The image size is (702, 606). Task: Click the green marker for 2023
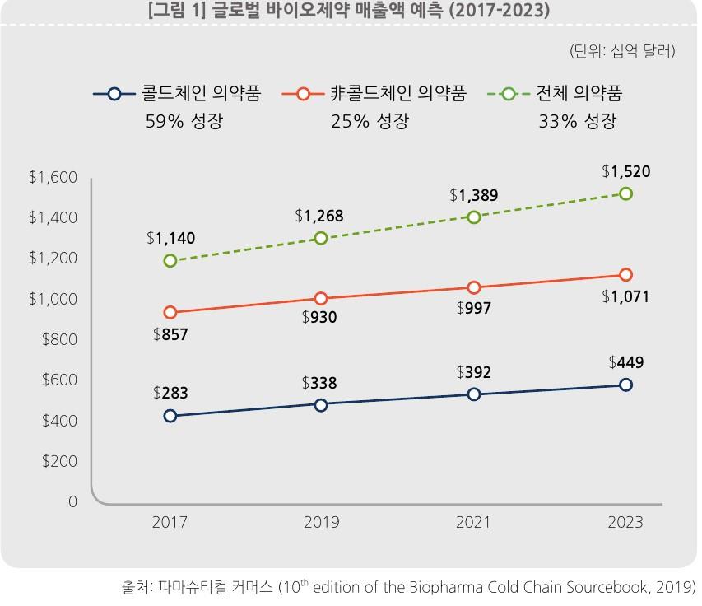pos(625,193)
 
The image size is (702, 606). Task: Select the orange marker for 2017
pos(170,312)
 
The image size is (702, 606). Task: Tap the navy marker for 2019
pos(321,404)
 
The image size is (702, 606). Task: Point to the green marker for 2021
pos(474,217)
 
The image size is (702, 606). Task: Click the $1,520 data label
pos(625,171)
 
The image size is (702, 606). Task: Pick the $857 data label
pos(170,334)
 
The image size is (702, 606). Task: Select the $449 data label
pos(625,362)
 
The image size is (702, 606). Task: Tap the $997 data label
pos(474,309)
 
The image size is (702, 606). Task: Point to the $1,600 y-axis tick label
pos(53,178)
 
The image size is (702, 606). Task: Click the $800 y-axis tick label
pos(59,339)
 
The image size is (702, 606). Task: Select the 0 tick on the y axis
pos(72,501)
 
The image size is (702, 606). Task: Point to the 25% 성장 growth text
pos(370,122)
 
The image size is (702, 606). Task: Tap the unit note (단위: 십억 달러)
pos(621,51)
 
